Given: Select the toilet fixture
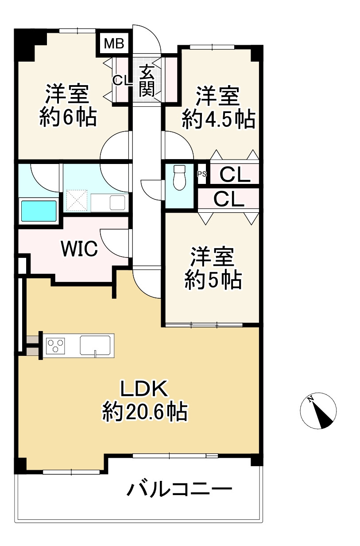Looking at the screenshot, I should (179, 177).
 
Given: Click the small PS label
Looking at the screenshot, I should (201, 174).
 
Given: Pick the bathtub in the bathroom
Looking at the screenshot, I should (39, 211).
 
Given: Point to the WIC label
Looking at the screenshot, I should (79, 250).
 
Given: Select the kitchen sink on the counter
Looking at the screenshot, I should (95, 345).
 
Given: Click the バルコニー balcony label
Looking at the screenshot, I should (180, 490).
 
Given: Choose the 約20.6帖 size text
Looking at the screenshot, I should (145, 412).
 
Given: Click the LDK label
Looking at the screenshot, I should (144, 389).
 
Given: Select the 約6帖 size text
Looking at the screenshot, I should (68, 118).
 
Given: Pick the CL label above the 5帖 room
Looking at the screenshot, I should (229, 199).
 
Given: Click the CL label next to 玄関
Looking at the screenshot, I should (120, 80).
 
